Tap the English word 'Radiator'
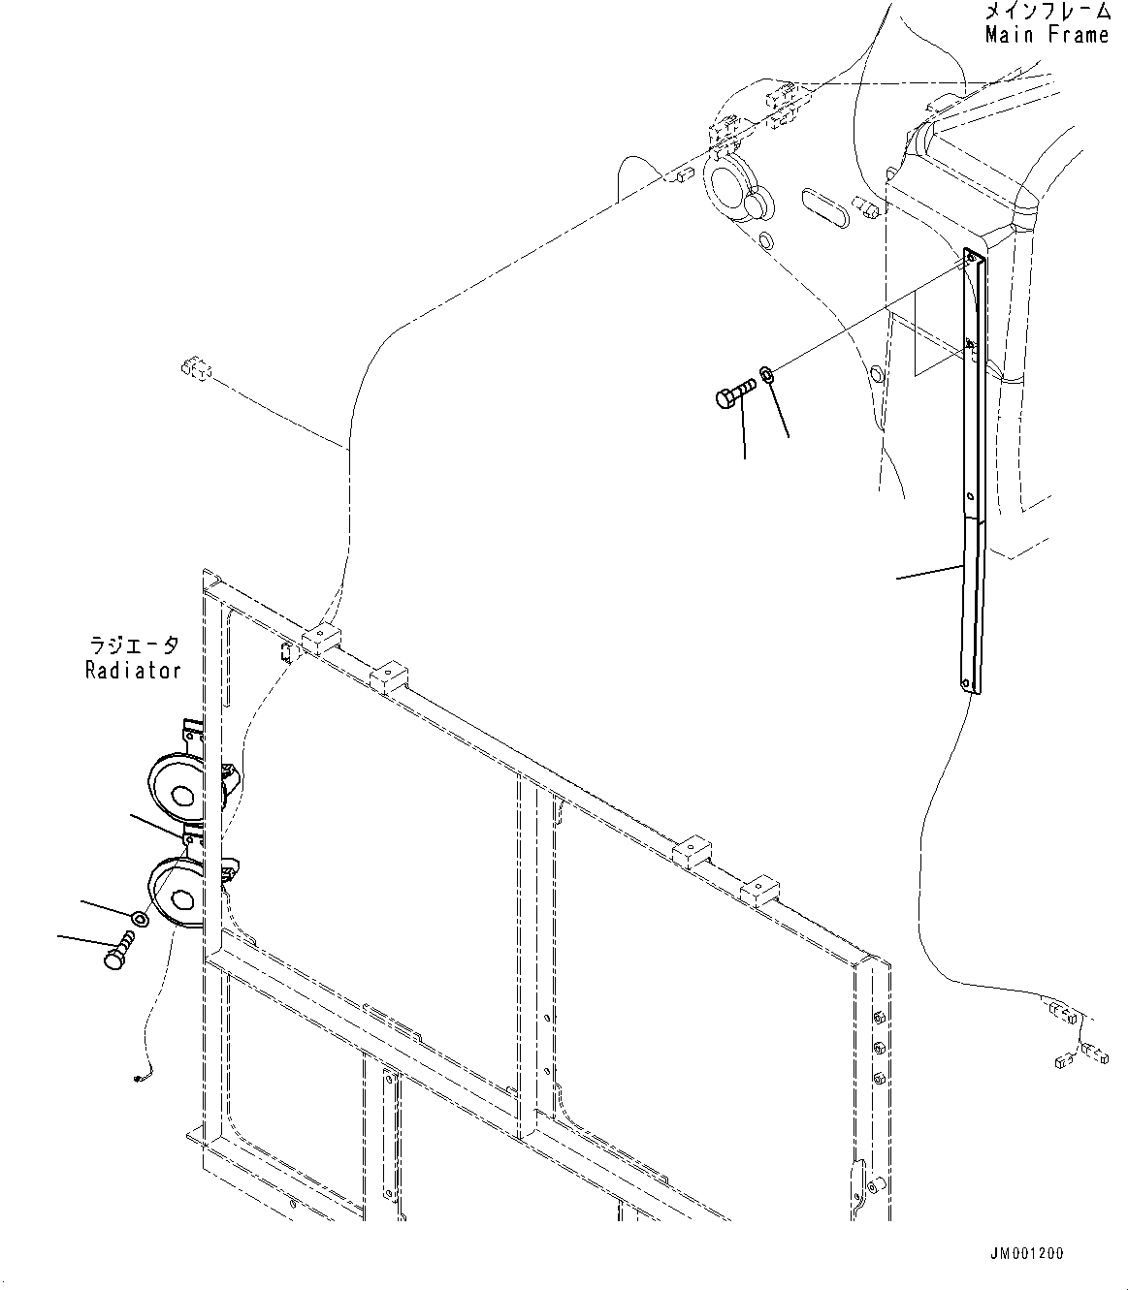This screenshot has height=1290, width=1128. [x=133, y=670]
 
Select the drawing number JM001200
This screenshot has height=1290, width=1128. [x=1028, y=1253]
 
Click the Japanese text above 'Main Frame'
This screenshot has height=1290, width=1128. [x=1047, y=13]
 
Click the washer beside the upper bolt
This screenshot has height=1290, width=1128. [x=766, y=373]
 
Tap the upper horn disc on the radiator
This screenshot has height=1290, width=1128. [x=176, y=794]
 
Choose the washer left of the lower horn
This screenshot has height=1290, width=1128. [x=140, y=917]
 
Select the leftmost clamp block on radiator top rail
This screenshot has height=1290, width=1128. [x=319, y=638]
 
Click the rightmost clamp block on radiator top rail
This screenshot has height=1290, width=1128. [x=757, y=889]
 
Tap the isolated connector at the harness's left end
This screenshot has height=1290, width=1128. [x=194, y=369]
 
